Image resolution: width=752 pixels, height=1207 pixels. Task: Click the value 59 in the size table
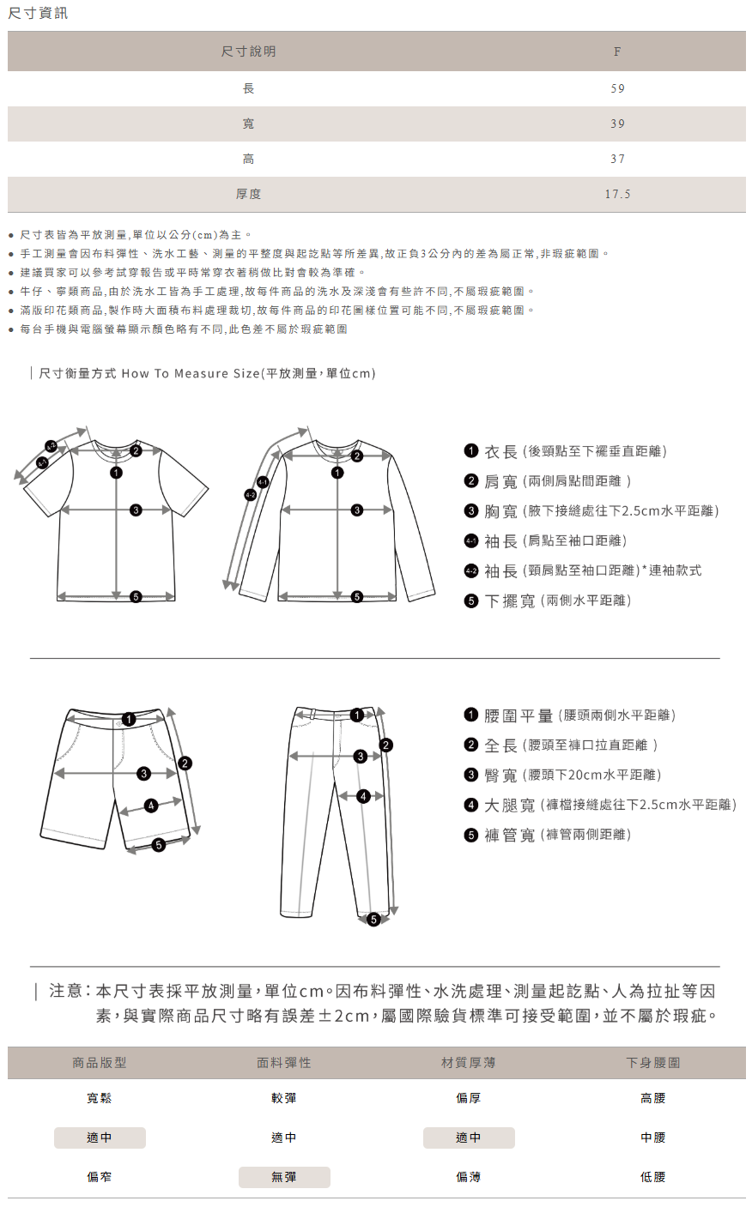point(617,88)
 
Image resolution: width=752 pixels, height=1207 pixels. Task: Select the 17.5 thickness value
point(617,195)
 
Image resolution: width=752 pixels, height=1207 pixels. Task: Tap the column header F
point(616,51)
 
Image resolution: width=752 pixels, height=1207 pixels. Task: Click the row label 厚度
point(248,195)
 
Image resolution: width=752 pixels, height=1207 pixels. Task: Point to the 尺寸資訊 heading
point(38,13)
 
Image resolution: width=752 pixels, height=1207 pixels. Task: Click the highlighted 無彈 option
point(284,1177)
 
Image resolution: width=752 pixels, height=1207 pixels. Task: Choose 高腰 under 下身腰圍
point(652,1098)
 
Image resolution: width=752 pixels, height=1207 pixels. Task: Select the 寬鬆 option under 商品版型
point(100,1098)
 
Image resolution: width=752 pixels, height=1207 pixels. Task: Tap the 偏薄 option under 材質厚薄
point(469,1177)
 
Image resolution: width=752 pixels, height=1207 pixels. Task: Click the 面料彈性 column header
point(284,1063)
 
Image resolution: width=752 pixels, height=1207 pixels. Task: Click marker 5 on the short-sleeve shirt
point(136,597)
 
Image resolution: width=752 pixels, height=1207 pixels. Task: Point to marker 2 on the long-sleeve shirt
point(357,456)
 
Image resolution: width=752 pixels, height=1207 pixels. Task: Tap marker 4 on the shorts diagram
point(151,806)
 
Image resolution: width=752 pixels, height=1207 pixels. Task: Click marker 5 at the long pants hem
point(373,920)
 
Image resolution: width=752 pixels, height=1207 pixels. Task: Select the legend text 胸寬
point(501,511)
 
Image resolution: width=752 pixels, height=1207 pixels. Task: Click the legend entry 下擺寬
point(510,600)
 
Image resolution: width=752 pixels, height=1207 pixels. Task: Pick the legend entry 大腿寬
point(510,805)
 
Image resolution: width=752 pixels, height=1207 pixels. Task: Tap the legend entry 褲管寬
point(510,835)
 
